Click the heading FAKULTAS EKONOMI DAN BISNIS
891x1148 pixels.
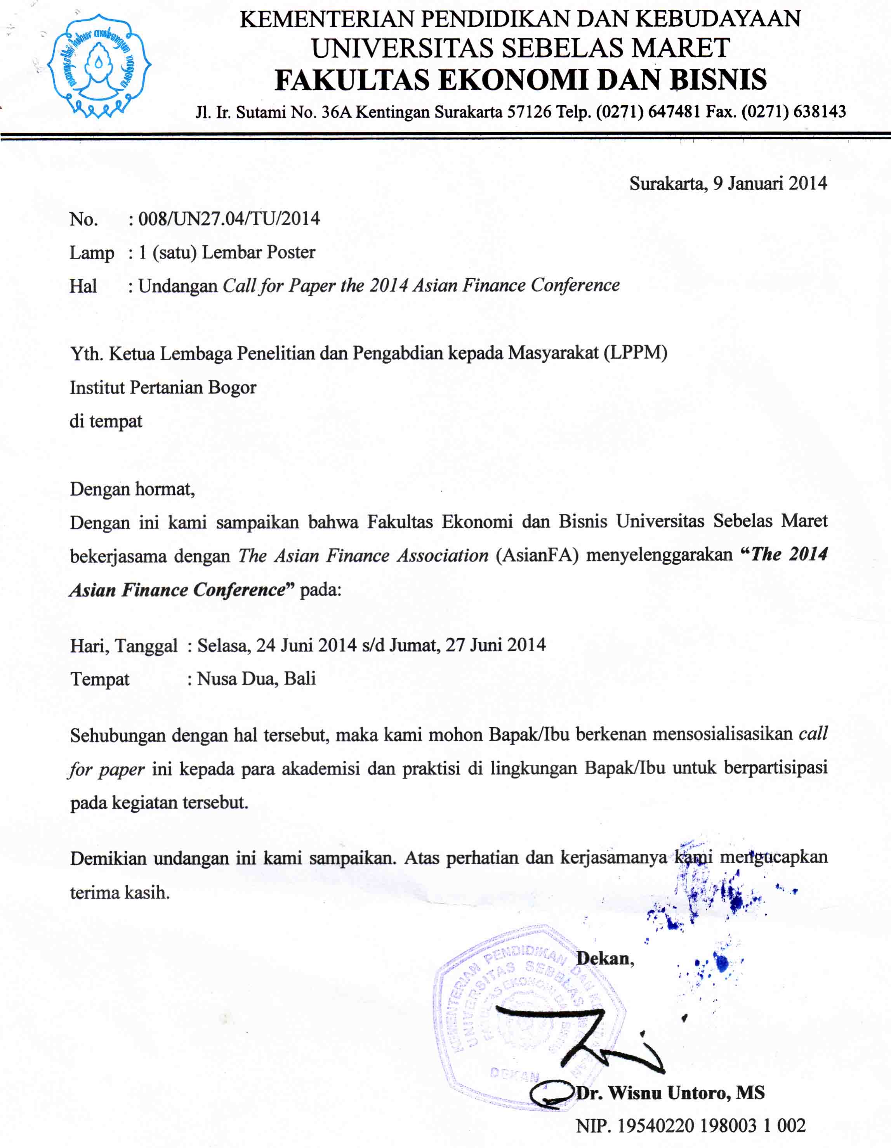[x=520, y=80]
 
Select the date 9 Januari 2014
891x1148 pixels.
[x=769, y=184]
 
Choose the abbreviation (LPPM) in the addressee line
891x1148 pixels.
[x=636, y=353]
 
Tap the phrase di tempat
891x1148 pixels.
[x=106, y=421]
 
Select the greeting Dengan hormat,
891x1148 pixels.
[x=132, y=489]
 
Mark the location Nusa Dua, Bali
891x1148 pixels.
[x=257, y=679]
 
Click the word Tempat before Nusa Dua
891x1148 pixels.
[x=99, y=679]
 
